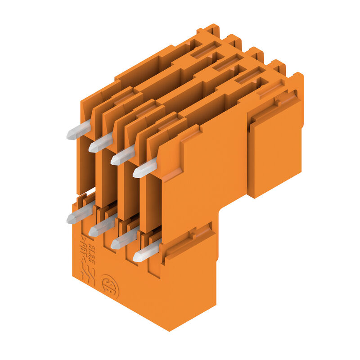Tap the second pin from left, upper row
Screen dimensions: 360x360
[100, 144]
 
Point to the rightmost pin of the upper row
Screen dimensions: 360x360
[145, 168]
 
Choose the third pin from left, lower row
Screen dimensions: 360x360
[123, 240]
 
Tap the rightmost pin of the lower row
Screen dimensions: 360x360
[145, 252]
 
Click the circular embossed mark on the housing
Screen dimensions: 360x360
[110, 287]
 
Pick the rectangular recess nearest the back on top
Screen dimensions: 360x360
[205, 49]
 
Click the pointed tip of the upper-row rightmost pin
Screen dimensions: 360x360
[135, 173]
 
